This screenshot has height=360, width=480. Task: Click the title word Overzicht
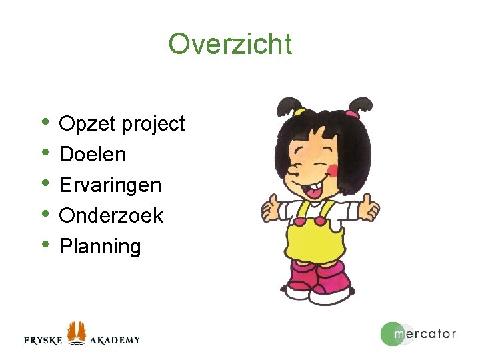click(230, 45)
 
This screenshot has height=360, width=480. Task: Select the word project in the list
click(153, 125)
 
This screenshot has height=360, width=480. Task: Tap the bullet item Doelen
click(93, 155)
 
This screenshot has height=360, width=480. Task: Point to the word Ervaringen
click(111, 185)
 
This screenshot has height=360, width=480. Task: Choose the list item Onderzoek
click(111, 215)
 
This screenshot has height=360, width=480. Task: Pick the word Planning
click(100, 247)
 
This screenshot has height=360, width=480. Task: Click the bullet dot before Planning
click(45, 243)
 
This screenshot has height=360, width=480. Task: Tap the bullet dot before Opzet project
click(45, 121)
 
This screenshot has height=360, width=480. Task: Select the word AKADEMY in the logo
click(115, 340)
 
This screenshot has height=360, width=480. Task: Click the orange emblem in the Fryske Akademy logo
click(77, 331)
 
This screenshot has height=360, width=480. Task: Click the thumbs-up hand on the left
click(272, 209)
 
